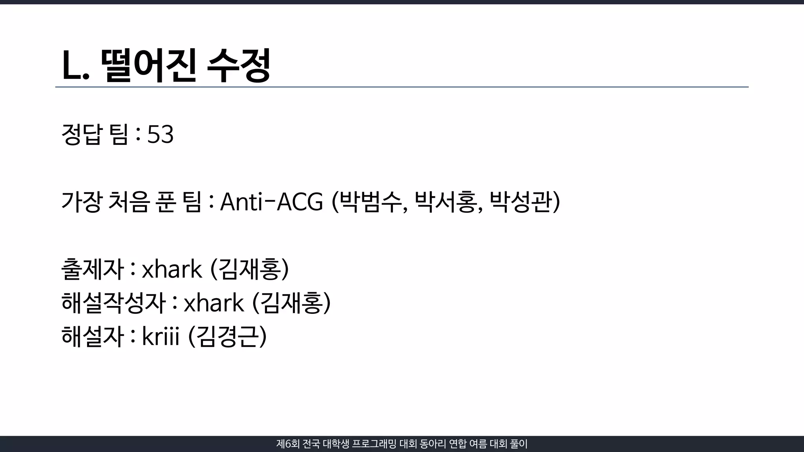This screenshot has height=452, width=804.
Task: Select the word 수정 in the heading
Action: coord(238,66)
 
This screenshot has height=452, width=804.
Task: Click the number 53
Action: coord(160,135)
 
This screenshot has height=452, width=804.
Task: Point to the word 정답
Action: coord(82,135)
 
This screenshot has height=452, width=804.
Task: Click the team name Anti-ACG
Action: coord(271,202)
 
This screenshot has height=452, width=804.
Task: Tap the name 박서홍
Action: coord(445,202)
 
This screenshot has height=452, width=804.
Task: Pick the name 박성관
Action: coord(521,202)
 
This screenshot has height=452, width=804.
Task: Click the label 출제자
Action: coord(93,270)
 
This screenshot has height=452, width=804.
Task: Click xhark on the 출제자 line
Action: coord(172,270)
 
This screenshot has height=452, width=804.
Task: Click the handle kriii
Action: coord(160,337)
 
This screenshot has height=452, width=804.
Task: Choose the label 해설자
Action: coord(93,337)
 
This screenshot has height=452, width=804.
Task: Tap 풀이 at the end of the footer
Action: coord(519,444)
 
